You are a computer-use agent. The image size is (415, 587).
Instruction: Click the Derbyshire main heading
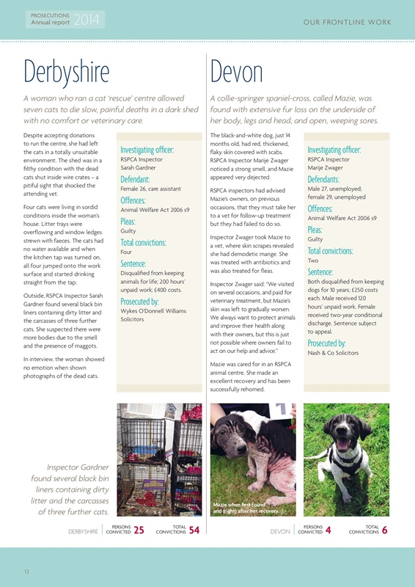click(x=67, y=71)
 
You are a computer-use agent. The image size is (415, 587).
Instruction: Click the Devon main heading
click(x=236, y=71)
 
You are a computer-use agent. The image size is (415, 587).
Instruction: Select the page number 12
click(x=26, y=571)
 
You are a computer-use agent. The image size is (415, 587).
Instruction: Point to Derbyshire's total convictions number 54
click(x=194, y=531)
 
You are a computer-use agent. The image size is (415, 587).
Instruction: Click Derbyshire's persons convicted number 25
click(x=139, y=531)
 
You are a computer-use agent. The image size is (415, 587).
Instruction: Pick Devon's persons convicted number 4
click(x=328, y=531)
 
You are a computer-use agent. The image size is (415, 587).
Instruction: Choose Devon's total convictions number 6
click(x=384, y=531)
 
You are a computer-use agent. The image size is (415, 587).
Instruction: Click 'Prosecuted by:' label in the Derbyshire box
click(x=139, y=302)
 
